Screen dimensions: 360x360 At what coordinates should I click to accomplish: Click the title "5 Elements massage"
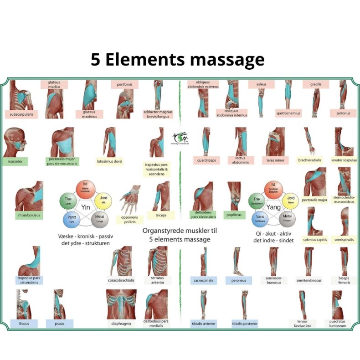pos(177,60)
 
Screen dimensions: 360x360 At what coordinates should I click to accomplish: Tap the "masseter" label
pos(15,161)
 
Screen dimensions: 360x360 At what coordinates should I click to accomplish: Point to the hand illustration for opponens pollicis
pos(130,197)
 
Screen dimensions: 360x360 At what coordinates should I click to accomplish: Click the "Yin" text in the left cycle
pos(85,207)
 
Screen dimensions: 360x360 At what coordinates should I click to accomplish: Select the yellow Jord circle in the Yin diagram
pos(102,200)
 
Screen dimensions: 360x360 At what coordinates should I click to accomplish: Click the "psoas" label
pos(59,324)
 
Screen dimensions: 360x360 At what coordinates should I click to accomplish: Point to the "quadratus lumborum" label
pos(338,323)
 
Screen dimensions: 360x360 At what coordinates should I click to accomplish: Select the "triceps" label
pos(161,215)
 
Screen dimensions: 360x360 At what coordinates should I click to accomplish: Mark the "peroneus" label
pos(238,280)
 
